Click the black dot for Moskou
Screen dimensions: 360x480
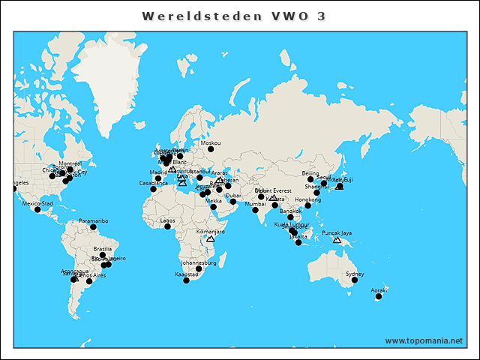coord(211,148)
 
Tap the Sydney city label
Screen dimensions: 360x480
coord(355,274)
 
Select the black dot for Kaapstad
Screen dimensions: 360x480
coord(186,280)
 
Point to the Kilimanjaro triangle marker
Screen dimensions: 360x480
coord(211,238)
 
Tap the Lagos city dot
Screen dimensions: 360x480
coord(168,226)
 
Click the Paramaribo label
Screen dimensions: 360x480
coord(94,221)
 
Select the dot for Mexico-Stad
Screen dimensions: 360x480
coord(37,209)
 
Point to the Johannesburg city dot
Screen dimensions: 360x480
coord(199,268)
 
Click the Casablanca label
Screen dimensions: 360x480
coord(154,183)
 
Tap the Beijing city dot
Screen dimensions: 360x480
coord(310,179)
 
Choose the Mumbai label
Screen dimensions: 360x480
coord(256,204)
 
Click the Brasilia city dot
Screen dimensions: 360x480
coord(103,255)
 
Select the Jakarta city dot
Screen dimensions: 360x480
coord(298,242)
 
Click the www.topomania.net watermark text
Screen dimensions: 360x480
coord(424,341)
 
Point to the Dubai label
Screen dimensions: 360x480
coord(233,195)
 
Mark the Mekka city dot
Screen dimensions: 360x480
coord(214,206)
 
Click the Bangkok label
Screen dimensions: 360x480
coord(290,211)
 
